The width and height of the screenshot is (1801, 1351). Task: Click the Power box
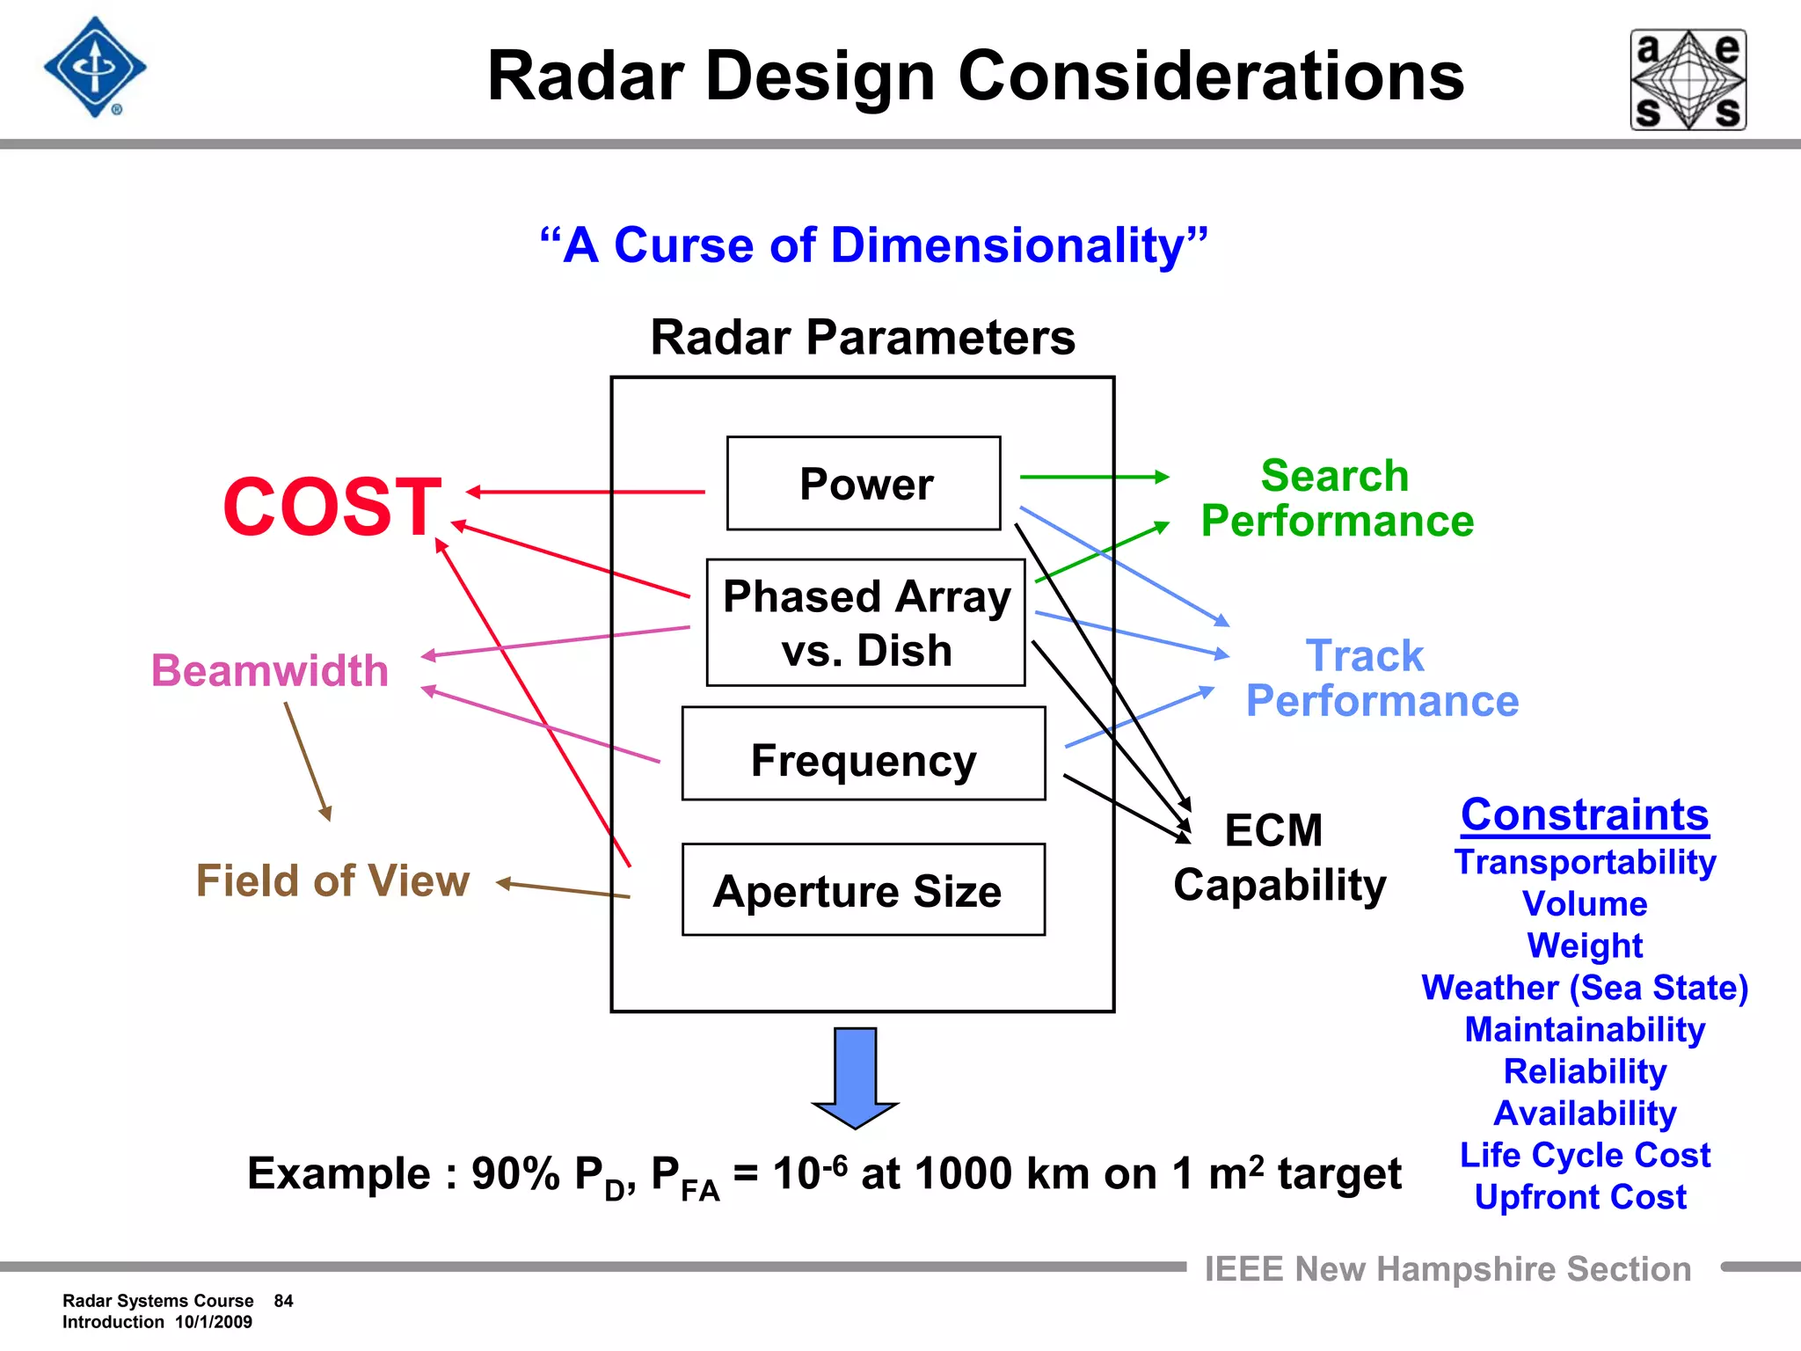pos(864,484)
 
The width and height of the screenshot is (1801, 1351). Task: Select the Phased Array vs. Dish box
pos(865,623)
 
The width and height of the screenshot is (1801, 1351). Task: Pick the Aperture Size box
pos(864,890)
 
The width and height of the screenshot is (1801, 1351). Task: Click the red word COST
pos(332,507)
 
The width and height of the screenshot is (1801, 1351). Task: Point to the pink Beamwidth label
pos(270,670)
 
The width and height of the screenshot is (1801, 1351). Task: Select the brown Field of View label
pos(332,880)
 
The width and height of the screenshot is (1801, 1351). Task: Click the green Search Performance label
pos(1337,499)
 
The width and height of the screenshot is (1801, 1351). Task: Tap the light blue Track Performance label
pos(1382,678)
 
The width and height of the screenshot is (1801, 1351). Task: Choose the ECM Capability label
pos(1279,858)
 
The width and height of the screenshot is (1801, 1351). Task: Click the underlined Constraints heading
pos(1585,814)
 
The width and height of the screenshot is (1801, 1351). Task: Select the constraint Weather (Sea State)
pos(1585,988)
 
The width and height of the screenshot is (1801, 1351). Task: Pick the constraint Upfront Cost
pos(1580,1197)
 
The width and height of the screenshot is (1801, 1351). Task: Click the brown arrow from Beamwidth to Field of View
pos(307,761)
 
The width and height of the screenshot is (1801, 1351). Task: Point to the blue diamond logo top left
pos(95,68)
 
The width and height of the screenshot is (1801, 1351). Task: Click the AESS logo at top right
pos(1688,80)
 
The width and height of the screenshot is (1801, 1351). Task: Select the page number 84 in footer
pos(283,1301)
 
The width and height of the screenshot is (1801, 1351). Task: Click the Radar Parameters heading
pos(863,338)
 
